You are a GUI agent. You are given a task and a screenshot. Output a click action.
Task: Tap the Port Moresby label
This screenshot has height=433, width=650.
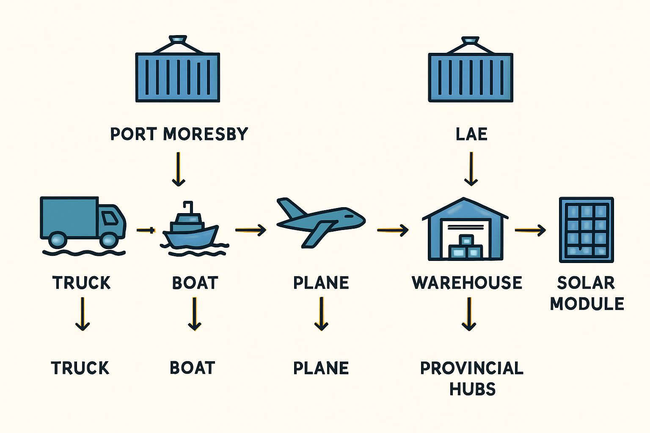point(179,134)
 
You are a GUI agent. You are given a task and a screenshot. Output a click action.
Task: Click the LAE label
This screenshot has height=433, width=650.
point(471,134)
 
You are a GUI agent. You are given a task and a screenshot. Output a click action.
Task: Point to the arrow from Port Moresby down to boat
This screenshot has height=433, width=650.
point(179,169)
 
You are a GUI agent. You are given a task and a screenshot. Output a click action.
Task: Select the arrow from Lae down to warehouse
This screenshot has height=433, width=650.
point(471,169)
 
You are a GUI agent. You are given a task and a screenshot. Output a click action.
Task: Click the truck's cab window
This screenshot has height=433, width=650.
point(109,218)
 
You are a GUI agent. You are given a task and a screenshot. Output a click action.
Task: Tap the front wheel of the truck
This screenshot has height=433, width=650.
point(109,240)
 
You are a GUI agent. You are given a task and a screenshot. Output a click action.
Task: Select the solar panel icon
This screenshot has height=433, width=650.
point(587,230)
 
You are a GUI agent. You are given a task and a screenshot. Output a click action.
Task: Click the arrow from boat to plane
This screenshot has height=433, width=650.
point(251,230)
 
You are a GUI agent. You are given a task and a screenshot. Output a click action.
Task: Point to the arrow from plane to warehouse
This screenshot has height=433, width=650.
point(393,230)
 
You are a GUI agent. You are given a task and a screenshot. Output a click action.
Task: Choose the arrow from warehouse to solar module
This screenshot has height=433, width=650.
point(530,230)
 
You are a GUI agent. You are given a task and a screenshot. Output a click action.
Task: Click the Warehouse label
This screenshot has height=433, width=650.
point(467,282)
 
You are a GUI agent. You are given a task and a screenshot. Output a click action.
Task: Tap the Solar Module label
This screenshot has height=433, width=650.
point(587,293)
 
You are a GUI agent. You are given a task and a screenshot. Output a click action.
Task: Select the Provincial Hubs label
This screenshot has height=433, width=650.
point(472,378)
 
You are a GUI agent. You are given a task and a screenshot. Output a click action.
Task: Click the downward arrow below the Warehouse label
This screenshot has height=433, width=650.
point(469,314)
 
